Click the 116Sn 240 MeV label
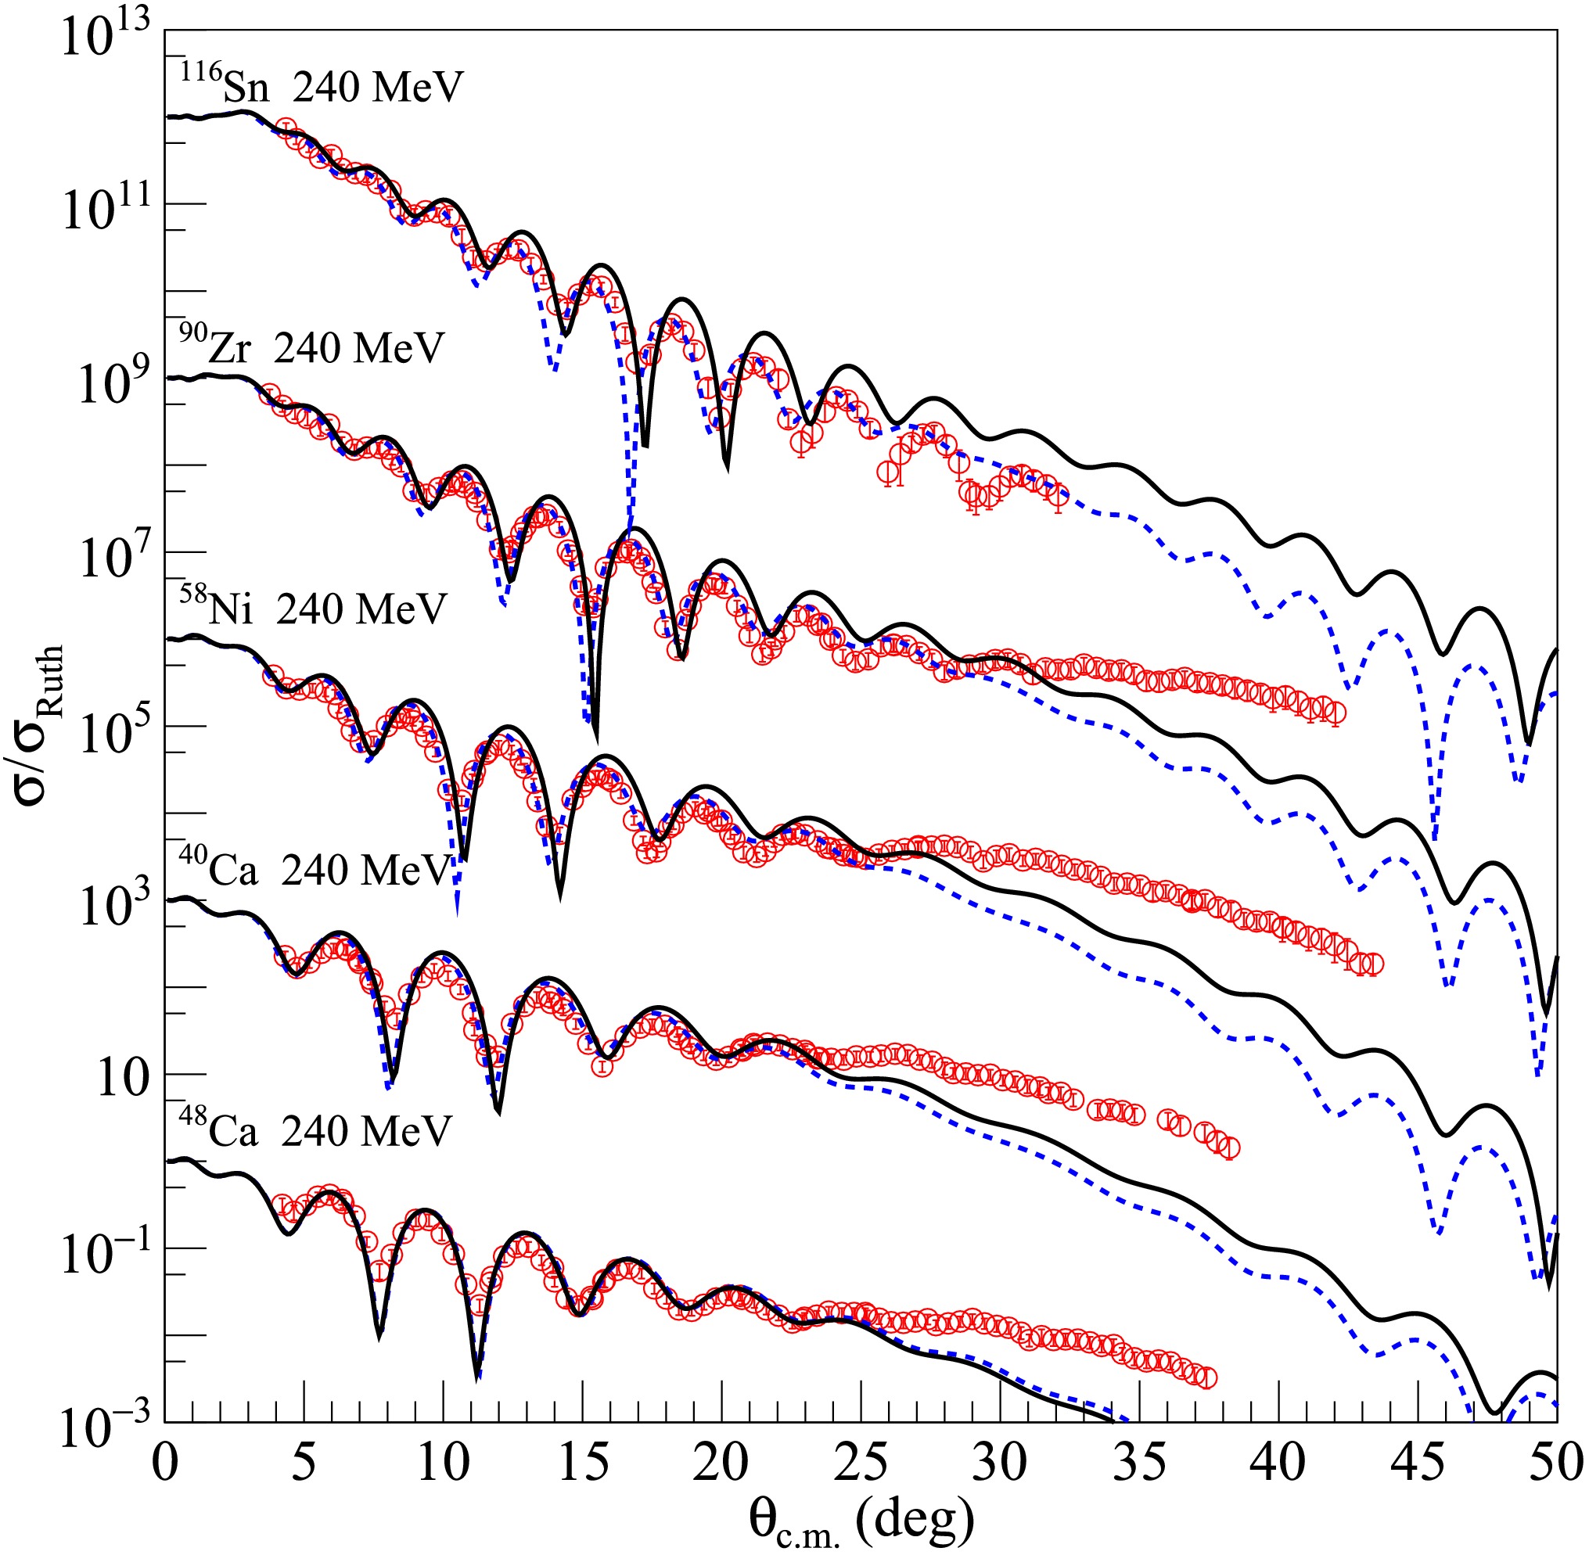click(321, 84)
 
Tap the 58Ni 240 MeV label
click(313, 608)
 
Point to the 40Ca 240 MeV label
click(315, 870)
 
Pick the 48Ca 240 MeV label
click(315, 1130)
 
